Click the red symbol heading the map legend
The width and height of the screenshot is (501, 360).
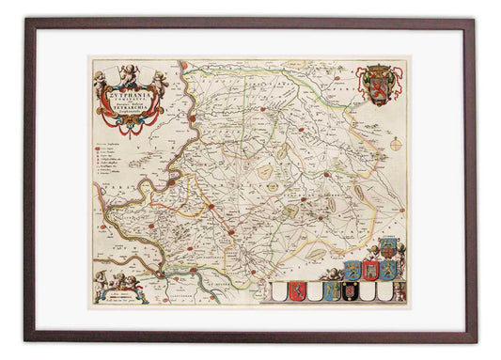[97, 147]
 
